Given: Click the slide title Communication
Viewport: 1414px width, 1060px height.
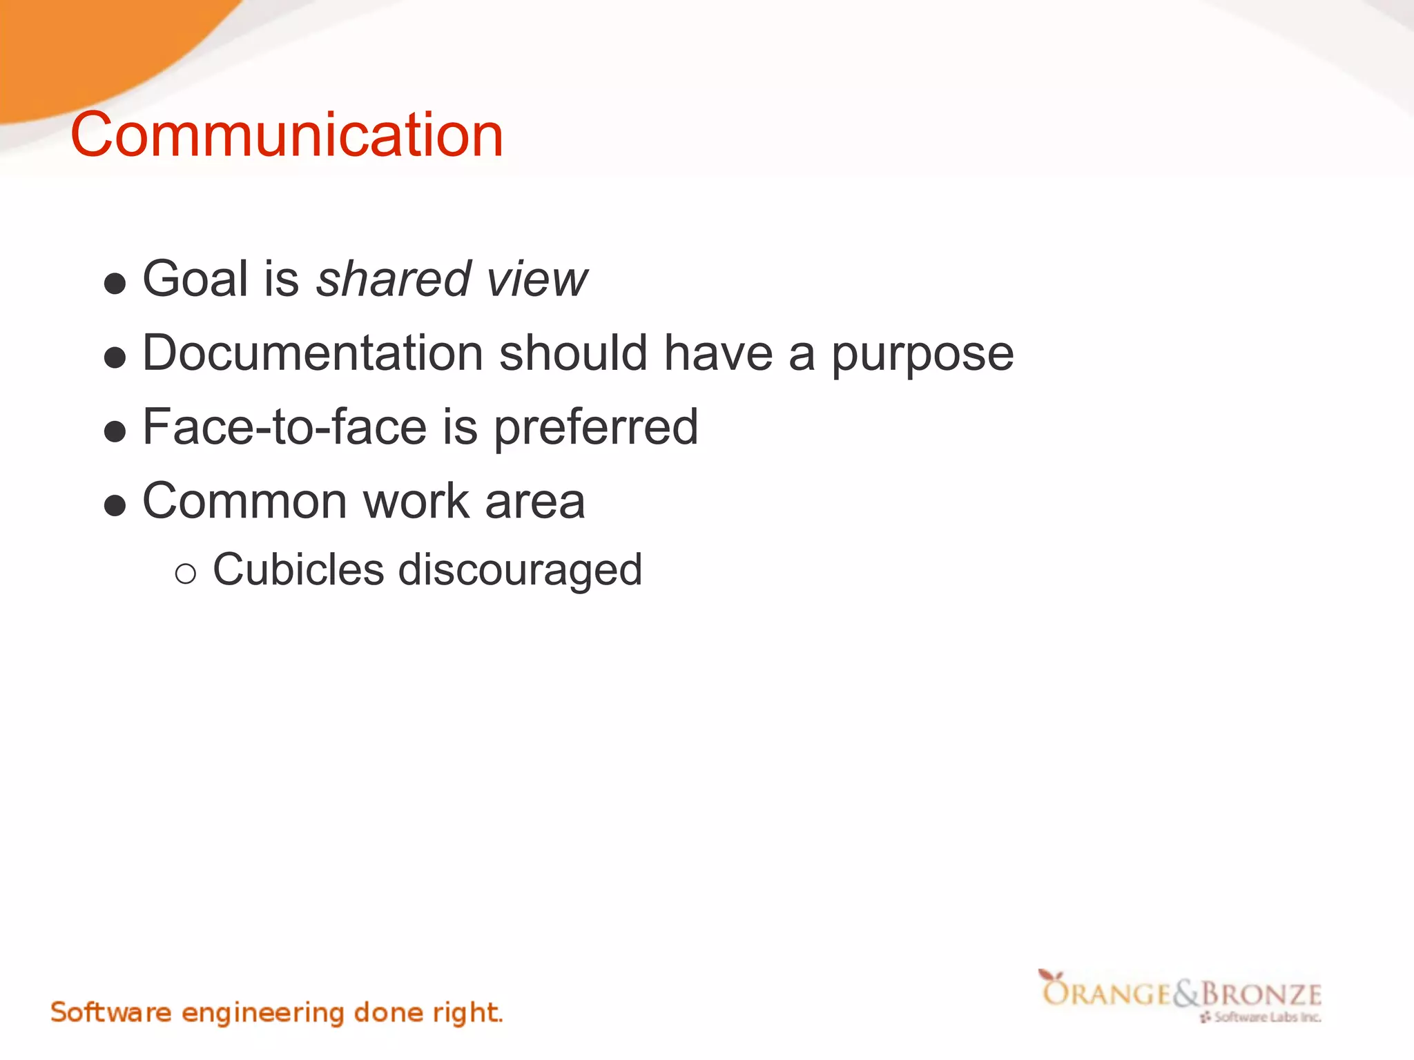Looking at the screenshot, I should (287, 135).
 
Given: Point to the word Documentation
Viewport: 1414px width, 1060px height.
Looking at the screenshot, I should (312, 353).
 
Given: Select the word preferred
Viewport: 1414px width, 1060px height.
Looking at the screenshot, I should (596, 428).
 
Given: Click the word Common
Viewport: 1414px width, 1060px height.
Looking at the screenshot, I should (244, 501).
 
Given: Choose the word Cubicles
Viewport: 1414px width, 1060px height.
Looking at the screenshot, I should (298, 570).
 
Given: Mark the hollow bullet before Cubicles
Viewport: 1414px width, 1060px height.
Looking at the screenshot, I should (185, 573).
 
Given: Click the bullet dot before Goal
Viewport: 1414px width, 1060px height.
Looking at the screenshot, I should (115, 284).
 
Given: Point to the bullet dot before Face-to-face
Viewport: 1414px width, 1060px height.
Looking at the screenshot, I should (115, 432).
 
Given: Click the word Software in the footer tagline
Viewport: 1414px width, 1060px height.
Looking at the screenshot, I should (110, 1012).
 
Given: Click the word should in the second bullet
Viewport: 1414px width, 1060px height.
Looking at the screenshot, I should (573, 353).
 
